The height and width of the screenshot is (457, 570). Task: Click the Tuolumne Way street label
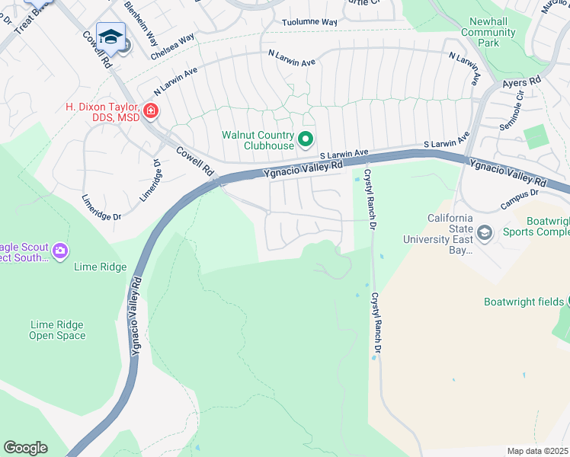tap(309, 23)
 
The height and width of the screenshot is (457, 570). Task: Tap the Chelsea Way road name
tap(173, 46)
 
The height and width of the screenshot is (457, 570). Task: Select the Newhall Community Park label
tap(488, 33)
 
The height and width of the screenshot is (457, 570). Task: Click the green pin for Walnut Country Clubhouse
tap(306, 139)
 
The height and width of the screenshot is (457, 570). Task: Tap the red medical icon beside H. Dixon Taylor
tap(151, 112)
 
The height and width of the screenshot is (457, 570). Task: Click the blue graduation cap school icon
tap(110, 37)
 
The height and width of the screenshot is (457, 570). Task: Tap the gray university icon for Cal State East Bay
tap(484, 232)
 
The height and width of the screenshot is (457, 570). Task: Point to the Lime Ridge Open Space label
tap(57, 330)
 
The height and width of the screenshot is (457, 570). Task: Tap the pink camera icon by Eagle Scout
tap(60, 250)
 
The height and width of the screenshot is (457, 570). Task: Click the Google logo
tap(25, 448)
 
